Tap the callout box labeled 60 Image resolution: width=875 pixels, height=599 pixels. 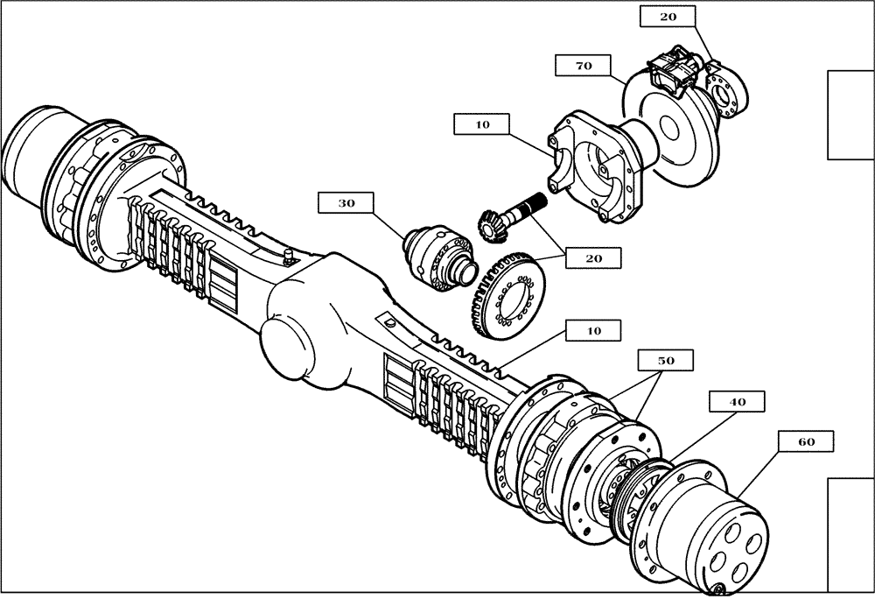(806, 442)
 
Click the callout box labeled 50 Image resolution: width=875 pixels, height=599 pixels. (664, 360)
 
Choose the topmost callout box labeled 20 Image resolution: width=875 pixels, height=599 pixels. (668, 17)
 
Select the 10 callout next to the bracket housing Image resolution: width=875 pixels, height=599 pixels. (482, 125)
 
